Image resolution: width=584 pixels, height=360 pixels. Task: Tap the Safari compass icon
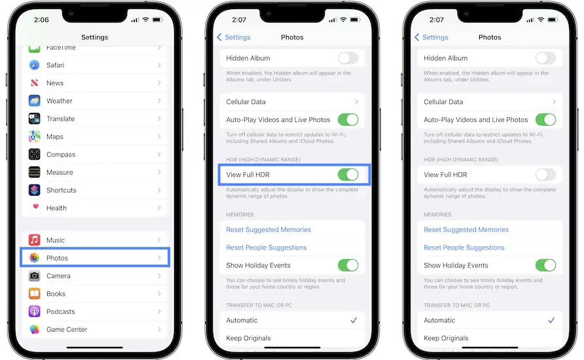pyautogui.click(x=34, y=65)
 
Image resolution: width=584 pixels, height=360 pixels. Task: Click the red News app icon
pyautogui.click(x=34, y=82)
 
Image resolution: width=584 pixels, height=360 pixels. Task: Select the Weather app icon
pyautogui.click(x=34, y=101)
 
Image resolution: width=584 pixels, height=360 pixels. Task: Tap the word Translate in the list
pyautogui.click(x=60, y=118)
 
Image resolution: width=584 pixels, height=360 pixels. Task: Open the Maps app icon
pyautogui.click(x=34, y=136)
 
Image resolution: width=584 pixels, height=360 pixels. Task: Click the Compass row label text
pyautogui.click(x=61, y=154)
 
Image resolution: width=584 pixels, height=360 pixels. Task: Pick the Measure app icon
pyautogui.click(x=34, y=172)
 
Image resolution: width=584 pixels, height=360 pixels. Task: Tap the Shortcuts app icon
pyautogui.click(x=34, y=190)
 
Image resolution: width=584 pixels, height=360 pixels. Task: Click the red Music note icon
pyautogui.click(x=34, y=240)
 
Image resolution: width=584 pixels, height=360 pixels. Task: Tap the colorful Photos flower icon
pyautogui.click(x=34, y=258)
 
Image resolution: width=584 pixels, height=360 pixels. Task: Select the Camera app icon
pyautogui.click(x=34, y=276)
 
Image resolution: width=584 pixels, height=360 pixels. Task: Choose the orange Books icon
pyautogui.click(x=34, y=293)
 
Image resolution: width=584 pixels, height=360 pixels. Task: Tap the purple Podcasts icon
pyautogui.click(x=34, y=311)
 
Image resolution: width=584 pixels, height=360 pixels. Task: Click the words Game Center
pyautogui.click(x=67, y=329)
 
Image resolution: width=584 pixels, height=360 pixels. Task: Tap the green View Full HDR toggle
pyautogui.click(x=348, y=175)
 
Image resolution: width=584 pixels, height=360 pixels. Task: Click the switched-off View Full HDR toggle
pyautogui.click(x=545, y=175)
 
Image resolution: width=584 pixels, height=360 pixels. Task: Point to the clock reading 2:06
pyautogui.click(x=41, y=20)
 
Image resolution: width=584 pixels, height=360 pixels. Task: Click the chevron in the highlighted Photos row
pyautogui.click(x=159, y=258)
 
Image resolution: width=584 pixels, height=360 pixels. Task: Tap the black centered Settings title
pyautogui.click(x=94, y=37)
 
